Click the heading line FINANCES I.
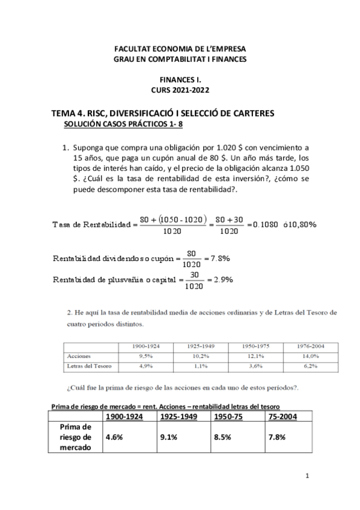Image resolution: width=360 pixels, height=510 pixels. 180,79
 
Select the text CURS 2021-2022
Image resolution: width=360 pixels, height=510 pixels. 180,89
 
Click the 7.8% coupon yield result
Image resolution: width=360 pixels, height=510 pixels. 218,258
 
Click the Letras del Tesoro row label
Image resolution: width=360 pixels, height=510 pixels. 89,365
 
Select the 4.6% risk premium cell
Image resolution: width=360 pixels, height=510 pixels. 114,437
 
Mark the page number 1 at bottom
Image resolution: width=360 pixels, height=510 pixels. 307,477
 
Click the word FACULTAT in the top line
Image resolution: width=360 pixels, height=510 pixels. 133,49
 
